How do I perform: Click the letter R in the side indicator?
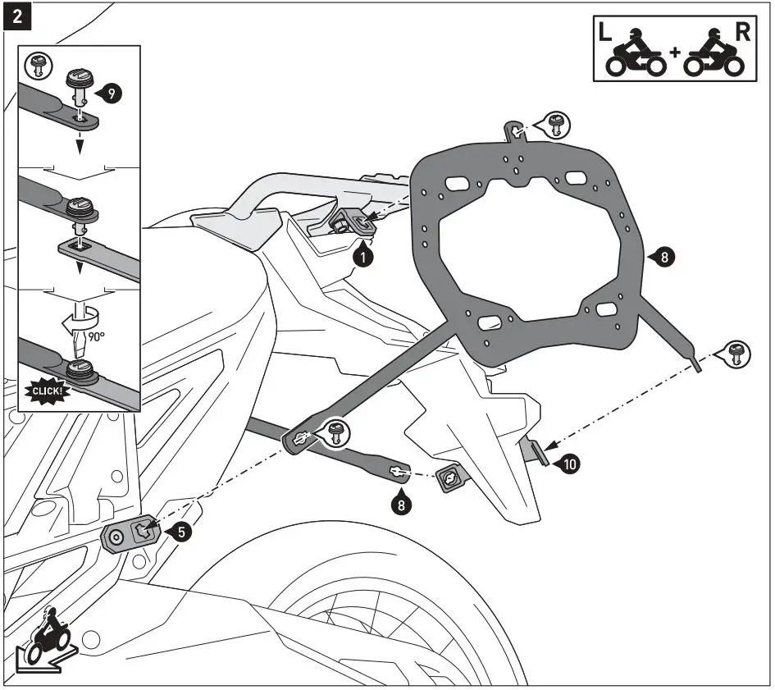[743, 33]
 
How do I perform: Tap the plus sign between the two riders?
[674, 53]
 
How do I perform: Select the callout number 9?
[112, 94]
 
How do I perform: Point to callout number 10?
[569, 464]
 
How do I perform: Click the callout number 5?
[183, 531]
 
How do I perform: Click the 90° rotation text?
[98, 336]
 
